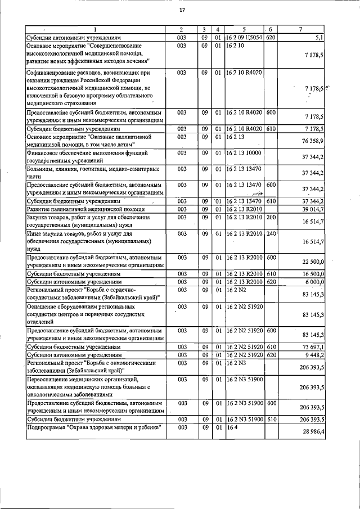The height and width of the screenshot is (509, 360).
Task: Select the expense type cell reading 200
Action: (x=271, y=217)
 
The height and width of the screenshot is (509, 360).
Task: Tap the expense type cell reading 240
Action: (x=271, y=233)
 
